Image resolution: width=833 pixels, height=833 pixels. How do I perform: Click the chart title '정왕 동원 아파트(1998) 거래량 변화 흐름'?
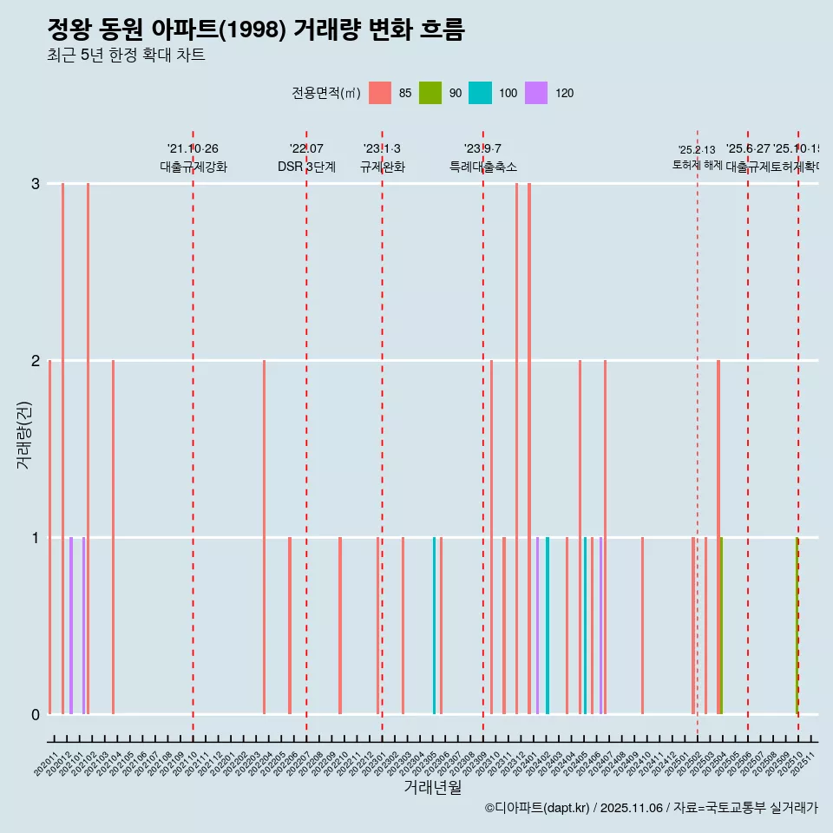click(x=256, y=30)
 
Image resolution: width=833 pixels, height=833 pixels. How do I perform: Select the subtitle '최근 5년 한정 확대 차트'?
click(x=126, y=56)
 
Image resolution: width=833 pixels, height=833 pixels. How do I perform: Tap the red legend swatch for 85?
click(x=380, y=93)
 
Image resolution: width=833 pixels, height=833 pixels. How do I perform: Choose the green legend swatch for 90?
click(x=430, y=93)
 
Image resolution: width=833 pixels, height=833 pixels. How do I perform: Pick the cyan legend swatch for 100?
click(x=480, y=93)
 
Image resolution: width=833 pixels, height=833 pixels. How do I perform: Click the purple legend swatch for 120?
click(x=536, y=93)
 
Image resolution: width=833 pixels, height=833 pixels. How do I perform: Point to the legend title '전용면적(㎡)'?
click(x=325, y=93)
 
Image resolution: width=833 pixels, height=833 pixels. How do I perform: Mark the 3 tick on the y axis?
click(x=36, y=184)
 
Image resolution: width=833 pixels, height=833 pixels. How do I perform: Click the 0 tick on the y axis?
click(x=36, y=714)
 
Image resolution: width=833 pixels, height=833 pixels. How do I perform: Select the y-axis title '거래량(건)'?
click(x=23, y=434)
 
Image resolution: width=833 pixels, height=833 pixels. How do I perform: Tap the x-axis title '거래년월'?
click(x=432, y=787)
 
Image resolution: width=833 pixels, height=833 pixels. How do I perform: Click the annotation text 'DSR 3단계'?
click(x=306, y=167)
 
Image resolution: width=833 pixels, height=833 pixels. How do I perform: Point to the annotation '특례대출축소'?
click(x=482, y=167)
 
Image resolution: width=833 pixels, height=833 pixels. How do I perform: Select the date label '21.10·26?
click(x=193, y=149)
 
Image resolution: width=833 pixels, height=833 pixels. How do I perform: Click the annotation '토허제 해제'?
click(x=697, y=164)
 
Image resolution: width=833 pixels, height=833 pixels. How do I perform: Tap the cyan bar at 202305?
click(x=435, y=626)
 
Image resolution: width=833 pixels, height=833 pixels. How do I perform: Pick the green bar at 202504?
click(x=721, y=626)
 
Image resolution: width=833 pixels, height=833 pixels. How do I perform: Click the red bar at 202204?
click(x=265, y=537)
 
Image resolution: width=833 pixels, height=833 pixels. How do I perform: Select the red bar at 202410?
click(x=642, y=626)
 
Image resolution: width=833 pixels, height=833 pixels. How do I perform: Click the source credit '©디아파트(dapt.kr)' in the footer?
click(x=538, y=808)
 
